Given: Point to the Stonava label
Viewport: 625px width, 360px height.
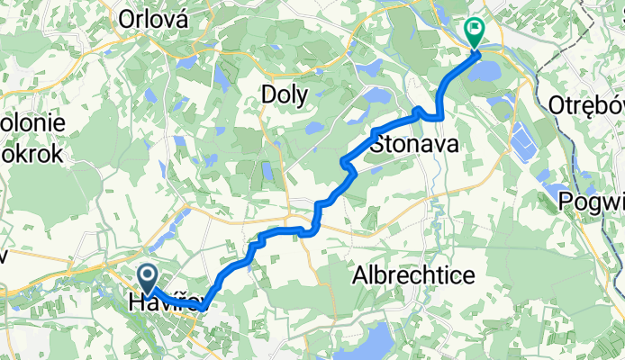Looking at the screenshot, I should (414, 144).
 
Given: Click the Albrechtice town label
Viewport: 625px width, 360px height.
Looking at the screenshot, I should (413, 274).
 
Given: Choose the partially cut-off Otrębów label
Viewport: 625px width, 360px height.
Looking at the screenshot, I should (586, 103).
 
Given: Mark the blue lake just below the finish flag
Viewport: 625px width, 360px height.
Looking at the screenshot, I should (487, 67).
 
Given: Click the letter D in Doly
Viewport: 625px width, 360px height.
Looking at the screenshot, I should (267, 93).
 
